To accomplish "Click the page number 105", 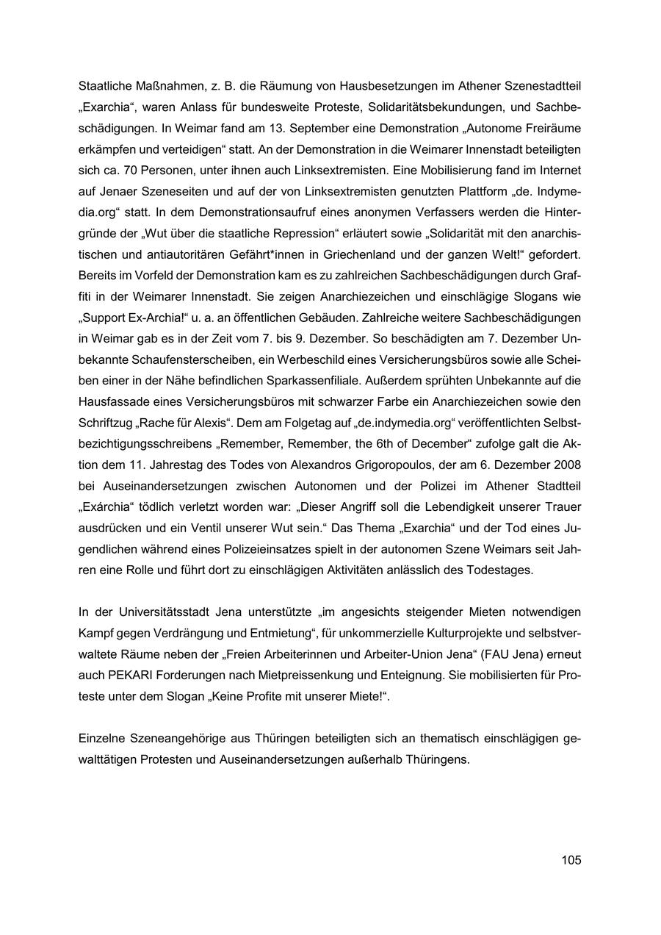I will [571, 860].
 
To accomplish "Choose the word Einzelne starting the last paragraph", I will [104, 738].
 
